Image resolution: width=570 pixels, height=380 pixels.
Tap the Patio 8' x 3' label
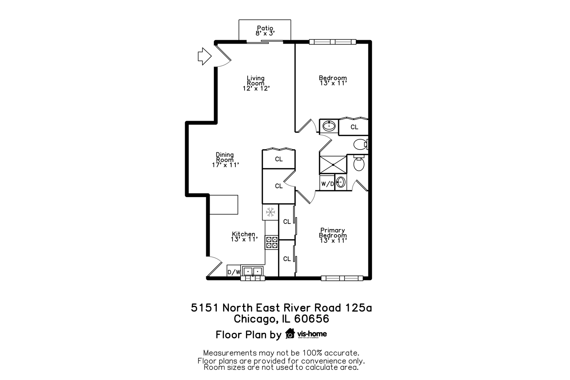tap(265, 31)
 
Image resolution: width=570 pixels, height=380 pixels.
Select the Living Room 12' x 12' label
tap(256, 83)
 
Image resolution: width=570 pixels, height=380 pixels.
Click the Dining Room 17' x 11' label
tap(225, 160)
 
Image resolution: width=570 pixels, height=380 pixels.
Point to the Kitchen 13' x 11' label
tap(244, 236)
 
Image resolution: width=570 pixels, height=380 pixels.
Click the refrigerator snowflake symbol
tap(270, 212)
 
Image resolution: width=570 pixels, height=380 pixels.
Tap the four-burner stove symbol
tap(272, 242)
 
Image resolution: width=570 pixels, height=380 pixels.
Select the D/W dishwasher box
tap(234, 272)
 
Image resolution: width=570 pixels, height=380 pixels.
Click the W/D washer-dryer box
tap(327, 184)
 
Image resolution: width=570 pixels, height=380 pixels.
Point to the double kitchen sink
tap(253, 271)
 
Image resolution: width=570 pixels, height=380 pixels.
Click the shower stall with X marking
tap(333, 165)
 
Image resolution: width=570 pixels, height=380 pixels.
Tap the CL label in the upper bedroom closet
tap(354, 127)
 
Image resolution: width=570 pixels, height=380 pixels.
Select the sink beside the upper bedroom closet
tap(329, 126)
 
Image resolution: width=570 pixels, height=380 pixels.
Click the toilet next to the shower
tap(359, 164)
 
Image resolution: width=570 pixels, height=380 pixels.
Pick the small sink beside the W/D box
tap(340, 182)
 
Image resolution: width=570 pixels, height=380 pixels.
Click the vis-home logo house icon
tap(290, 334)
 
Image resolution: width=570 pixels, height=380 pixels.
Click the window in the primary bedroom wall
tap(342, 278)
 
